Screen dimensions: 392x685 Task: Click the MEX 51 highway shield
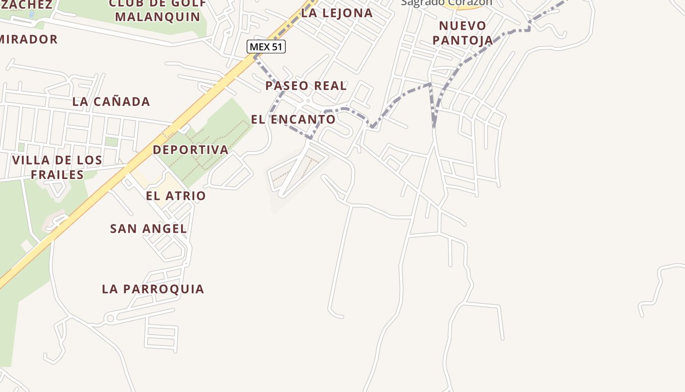(x=266, y=47)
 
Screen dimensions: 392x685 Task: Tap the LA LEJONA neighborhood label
(x=337, y=13)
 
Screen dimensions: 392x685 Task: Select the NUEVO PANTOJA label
(x=462, y=33)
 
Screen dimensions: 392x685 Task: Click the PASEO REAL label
(x=306, y=86)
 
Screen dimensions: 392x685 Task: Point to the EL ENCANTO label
(x=293, y=119)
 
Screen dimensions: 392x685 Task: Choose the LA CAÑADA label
(x=111, y=102)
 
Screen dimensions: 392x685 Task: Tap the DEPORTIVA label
(x=190, y=150)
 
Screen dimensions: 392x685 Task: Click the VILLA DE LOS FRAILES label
(x=57, y=167)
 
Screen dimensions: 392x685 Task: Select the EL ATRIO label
(x=176, y=196)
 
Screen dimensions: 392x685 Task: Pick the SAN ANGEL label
(x=148, y=228)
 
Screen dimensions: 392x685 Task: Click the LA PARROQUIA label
(x=153, y=289)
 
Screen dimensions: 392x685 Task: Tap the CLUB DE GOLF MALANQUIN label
(x=158, y=10)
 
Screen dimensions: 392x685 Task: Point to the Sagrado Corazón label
(x=446, y=2)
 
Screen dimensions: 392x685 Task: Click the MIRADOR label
(x=28, y=39)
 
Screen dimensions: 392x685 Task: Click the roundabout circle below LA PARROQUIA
(x=110, y=318)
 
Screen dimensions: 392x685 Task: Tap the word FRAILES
(x=57, y=175)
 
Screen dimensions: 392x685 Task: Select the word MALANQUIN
(x=158, y=17)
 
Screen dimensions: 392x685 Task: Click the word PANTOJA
(x=462, y=40)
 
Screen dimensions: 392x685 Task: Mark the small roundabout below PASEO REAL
(x=308, y=101)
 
